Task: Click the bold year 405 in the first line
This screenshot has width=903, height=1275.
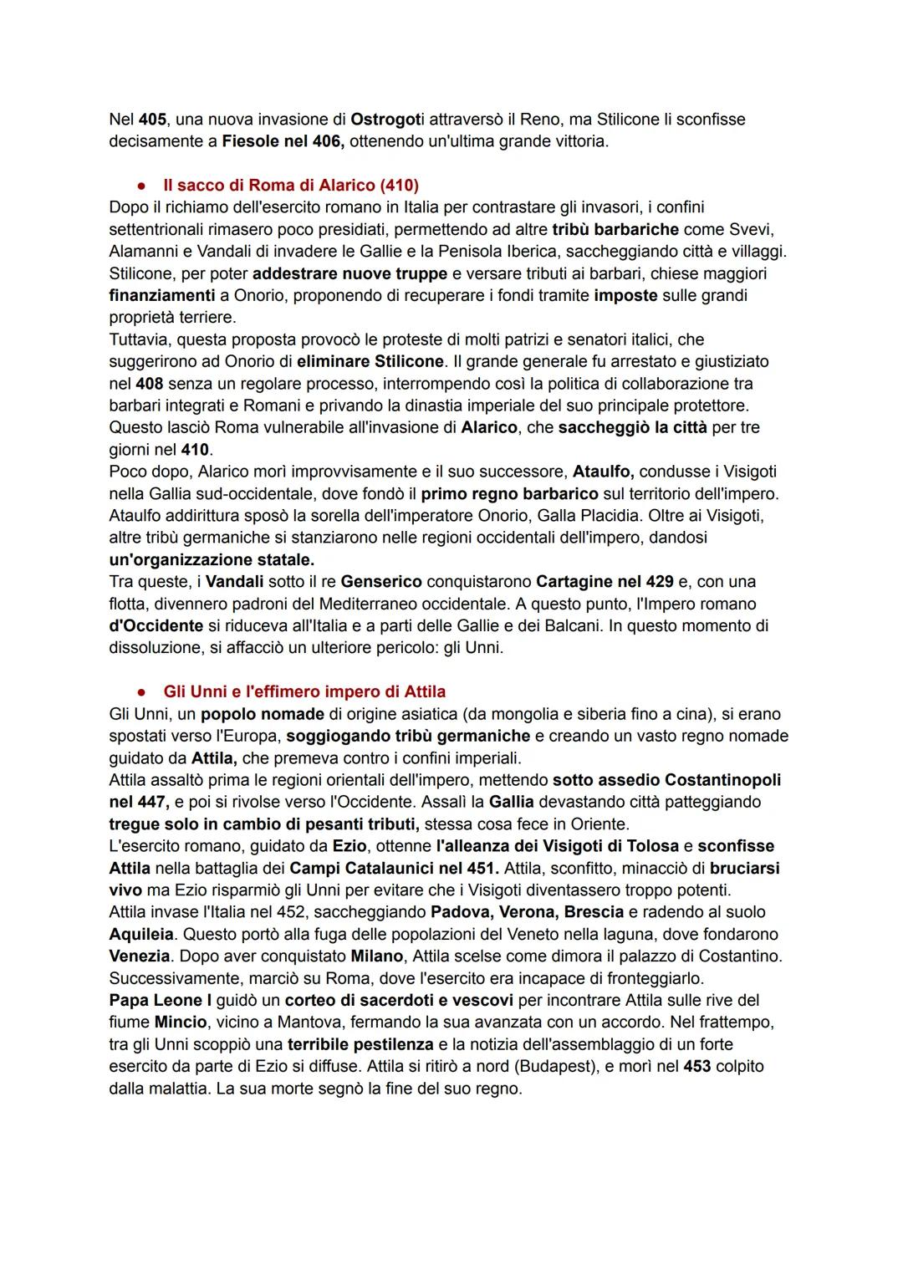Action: point(152,120)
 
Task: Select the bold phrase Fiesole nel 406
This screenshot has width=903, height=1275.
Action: point(283,141)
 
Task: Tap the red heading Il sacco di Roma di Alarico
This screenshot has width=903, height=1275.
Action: point(291,185)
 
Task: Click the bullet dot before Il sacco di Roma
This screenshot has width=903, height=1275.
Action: point(143,186)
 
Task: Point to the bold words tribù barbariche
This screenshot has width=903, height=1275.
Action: point(615,229)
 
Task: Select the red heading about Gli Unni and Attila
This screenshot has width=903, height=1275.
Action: point(304,691)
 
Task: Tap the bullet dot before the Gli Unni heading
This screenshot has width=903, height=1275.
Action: point(143,692)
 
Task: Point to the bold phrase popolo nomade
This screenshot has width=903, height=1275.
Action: point(263,714)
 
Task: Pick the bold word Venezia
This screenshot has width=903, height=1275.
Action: point(140,956)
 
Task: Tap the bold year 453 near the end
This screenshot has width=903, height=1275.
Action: point(697,1066)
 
